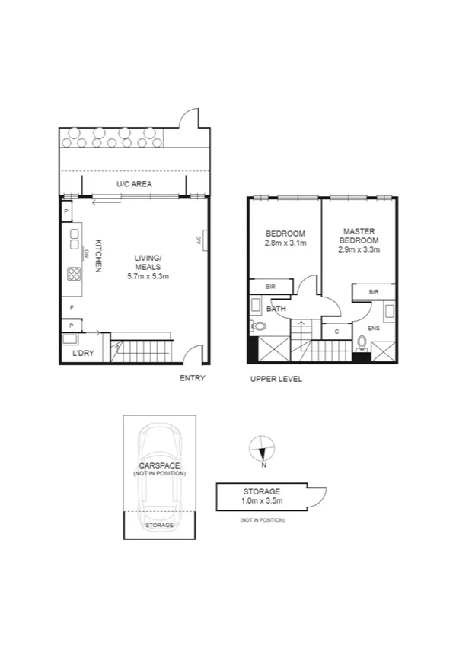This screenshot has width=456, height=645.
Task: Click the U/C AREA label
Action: [132, 184]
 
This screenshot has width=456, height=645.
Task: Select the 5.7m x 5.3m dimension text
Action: [148, 276]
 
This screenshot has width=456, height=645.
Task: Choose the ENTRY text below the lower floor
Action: [193, 378]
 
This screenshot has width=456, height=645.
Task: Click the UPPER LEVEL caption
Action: [276, 378]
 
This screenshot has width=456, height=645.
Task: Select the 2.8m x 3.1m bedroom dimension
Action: [285, 243]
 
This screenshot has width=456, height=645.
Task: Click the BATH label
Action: [276, 310]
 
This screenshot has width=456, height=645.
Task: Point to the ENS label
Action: [373, 329]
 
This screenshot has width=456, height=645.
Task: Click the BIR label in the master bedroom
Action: [373, 292]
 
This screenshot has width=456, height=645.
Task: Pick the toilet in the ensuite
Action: [362, 344]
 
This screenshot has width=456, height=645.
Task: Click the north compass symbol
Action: [262, 447]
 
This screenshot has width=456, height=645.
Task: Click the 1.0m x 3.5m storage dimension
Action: [263, 501]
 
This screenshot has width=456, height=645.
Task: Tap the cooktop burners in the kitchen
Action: [75, 273]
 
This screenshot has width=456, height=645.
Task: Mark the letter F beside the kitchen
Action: [72, 307]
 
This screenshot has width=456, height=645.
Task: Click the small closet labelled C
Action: [336, 332]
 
